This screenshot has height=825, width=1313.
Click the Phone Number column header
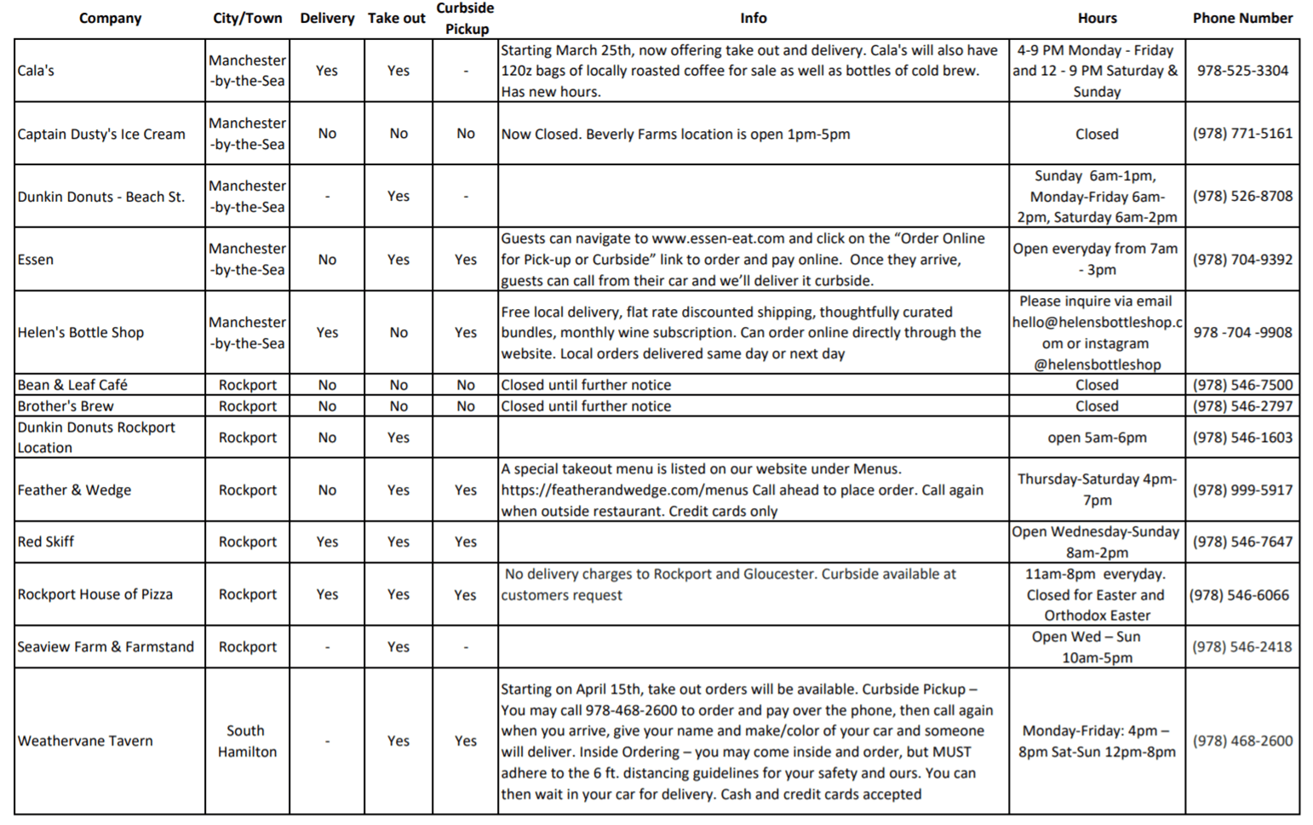1241,18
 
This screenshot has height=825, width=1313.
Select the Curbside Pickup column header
466,18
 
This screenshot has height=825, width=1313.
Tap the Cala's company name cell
36,71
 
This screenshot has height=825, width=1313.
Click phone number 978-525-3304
1241,71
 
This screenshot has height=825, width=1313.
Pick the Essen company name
36,260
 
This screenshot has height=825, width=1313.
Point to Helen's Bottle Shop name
81,333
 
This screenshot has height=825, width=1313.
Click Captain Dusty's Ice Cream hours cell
1096,134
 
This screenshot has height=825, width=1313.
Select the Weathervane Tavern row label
85,741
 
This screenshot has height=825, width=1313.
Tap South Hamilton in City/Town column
247,741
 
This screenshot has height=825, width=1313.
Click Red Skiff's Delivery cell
327,541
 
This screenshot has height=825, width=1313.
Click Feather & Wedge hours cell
1096,490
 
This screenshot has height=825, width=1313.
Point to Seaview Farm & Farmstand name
106,647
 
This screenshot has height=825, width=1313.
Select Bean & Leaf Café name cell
72,385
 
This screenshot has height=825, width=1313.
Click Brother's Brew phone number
1241,406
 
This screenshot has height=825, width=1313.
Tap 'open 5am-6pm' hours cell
1096,438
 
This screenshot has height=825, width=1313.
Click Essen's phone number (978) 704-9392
1241,260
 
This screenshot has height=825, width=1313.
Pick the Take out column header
397,18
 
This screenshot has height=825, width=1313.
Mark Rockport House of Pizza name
95,594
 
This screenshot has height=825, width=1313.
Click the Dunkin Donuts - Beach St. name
101,197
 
